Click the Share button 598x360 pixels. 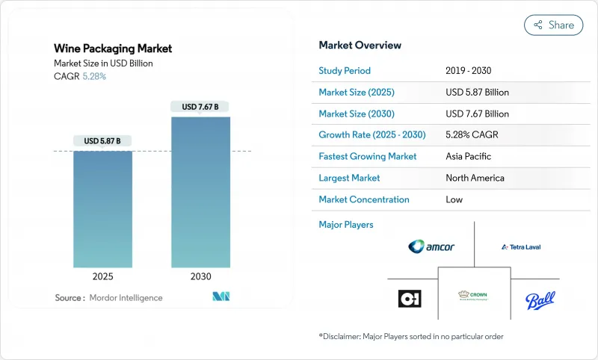tap(554, 25)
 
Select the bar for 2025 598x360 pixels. tap(102, 209)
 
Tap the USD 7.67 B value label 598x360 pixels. tap(200, 107)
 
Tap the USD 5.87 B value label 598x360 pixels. tap(102, 140)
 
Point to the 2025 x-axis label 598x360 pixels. tap(102, 276)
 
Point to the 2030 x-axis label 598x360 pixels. tap(200, 276)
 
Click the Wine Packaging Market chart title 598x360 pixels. tap(113, 49)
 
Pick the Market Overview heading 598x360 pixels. tap(360, 46)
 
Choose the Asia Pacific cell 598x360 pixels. tap(468, 157)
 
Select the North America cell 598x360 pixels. tap(474, 178)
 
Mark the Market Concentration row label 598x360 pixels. tap(364, 199)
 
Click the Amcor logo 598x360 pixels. tap(431, 246)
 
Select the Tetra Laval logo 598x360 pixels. tap(521, 246)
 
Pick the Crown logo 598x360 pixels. tap(473, 296)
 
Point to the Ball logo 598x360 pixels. tap(540, 300)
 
